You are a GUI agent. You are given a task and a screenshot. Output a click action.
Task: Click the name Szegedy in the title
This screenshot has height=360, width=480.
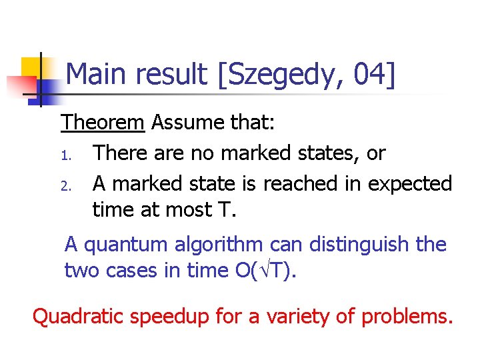tap(285, 75)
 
